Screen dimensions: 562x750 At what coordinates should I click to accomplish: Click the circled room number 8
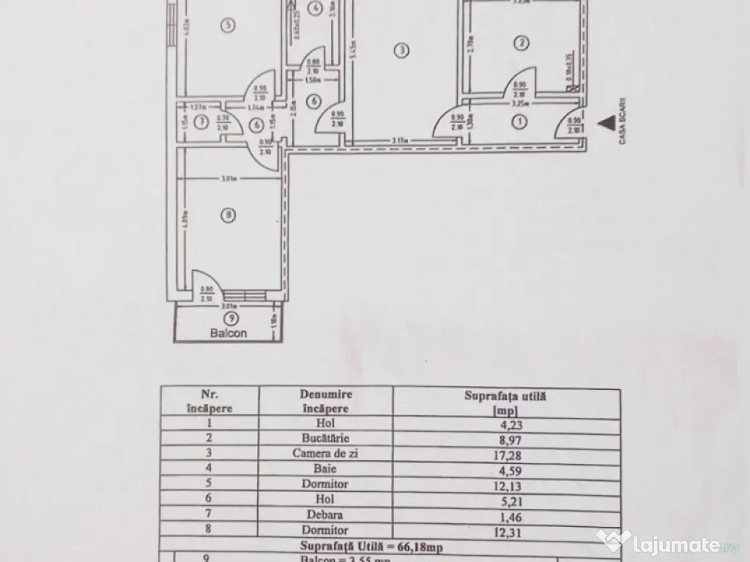[229, 215]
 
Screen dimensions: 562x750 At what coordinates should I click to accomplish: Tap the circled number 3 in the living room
[401, 50]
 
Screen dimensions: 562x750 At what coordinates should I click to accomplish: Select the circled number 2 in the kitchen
[520, 43]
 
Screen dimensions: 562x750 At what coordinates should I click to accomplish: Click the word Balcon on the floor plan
[228, 332]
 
